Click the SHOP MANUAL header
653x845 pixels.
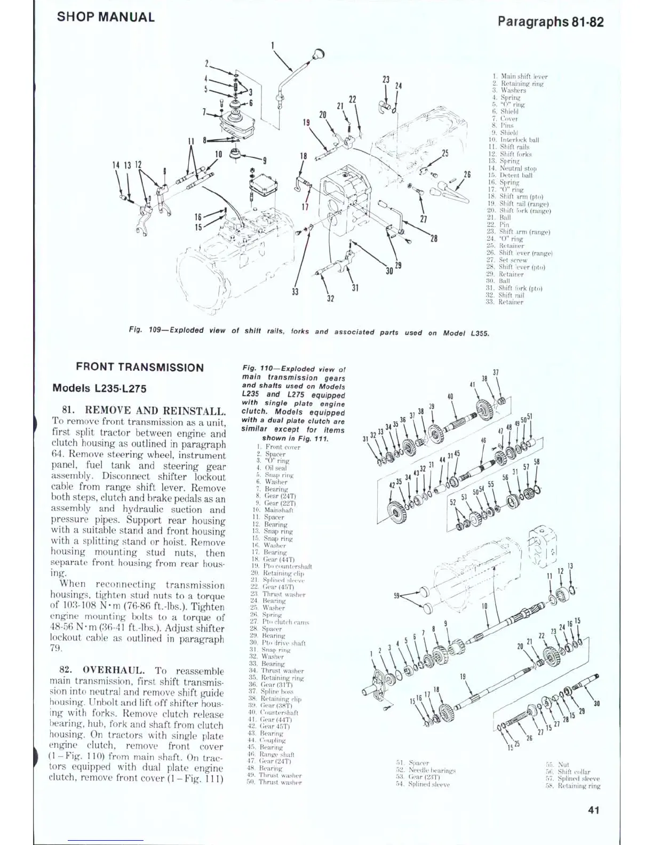(x=106, y=17)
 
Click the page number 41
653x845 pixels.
(x=593, y=810)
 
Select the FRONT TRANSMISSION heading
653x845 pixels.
(x=140, y=367)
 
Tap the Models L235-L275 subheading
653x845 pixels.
(x=99, y=388)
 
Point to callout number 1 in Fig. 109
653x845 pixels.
(x=273, y=45)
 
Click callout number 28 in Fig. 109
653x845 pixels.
(x=434, y=238)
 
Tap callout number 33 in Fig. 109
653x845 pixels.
(x=295, y=291)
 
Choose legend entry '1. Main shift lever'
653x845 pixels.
(x=520, y=76)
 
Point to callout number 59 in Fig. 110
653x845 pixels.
(x=397, y=596)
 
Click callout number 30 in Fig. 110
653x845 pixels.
(x=596, y=703)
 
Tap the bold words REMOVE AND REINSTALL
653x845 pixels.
(x=155, y=411)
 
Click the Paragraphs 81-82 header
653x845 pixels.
(x=550, y=21)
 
